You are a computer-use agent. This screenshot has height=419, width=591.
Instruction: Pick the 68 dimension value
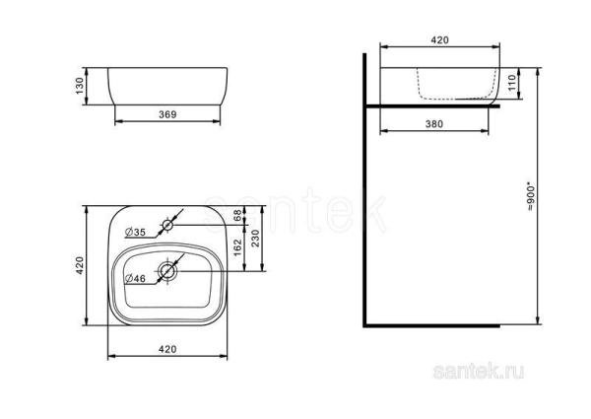click(237, 216)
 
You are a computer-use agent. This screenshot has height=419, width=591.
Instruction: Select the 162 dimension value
click(237, 247)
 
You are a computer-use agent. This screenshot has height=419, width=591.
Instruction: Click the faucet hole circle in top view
click(167, 226)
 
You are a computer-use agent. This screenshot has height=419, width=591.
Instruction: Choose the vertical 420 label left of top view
click(80, 267)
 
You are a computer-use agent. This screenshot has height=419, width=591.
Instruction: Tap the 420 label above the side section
click(438, 39)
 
